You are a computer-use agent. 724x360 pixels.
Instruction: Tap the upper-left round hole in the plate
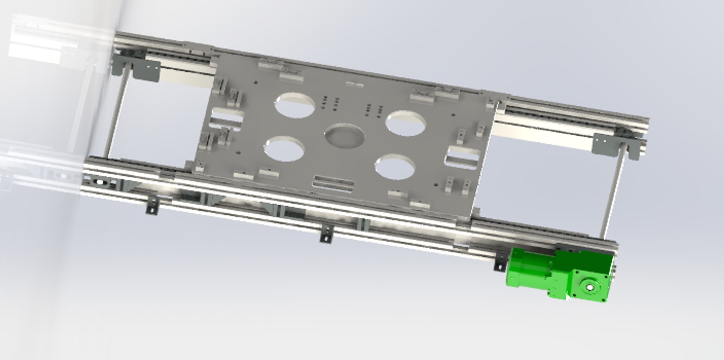(x=295, y=105)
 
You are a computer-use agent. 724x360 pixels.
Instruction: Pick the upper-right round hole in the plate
(x=406, y=123)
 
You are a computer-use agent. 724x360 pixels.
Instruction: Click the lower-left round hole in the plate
(x=284, y=149)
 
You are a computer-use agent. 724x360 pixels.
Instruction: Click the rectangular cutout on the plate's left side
(x=226, y=116)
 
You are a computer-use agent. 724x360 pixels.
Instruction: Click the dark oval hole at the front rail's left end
(x=100, y=182)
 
